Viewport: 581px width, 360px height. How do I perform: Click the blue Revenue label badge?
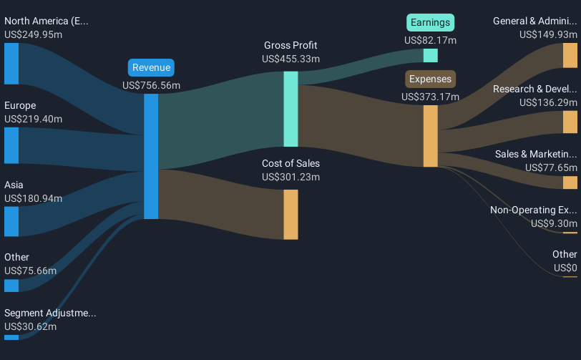[x=151, y=68]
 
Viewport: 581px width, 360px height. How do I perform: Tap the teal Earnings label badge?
[x=430, y=23]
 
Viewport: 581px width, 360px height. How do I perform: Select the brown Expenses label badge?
[x=430, y=79]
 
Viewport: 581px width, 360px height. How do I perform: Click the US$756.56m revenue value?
[x=151, y=85]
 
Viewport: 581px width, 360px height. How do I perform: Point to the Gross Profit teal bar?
[x=290, y=109]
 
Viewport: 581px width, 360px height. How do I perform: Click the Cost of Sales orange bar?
[x=290, y=214]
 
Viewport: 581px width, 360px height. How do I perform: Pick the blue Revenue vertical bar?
[x=151, y=155]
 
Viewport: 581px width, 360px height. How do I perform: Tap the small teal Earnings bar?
[x=430, y=55]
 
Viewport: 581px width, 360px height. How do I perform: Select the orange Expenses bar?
[x=430, y=136]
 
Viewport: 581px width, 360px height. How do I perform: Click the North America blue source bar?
[x=11, y=64]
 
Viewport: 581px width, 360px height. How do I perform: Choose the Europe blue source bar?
[x=11, y=145]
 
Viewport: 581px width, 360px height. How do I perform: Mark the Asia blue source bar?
[x=11, y=221]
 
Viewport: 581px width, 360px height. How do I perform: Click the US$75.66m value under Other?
[x=30, y=271]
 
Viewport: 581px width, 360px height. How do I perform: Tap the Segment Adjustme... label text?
[x=50, y=313]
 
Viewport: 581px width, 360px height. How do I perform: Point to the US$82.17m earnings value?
[x=430, y=40]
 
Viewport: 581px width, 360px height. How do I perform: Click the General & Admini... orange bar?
[x=570, y=55]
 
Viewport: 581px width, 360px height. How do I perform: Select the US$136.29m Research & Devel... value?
[x=548, y=102]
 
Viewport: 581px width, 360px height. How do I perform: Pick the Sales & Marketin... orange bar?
[x=570, y=183]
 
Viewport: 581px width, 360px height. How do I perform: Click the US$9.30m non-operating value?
[x=554, y=223]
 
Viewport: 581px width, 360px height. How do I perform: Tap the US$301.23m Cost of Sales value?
[x=290, y=177]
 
